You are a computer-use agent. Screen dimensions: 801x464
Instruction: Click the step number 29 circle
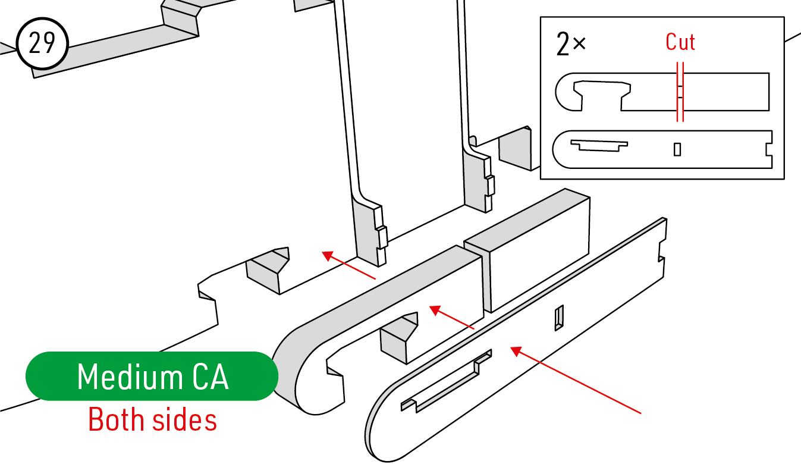point(42,43)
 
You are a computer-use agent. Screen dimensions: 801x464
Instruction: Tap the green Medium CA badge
point(152,376)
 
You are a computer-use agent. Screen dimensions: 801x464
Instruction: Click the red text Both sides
point(152,419)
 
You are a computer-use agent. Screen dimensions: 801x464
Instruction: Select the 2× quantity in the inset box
point(571,44)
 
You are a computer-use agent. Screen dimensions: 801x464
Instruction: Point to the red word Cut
point(680,42)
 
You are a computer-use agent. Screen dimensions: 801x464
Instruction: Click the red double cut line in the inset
point(680,92)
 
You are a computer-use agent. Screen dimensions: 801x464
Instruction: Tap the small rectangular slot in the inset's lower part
point(677,149)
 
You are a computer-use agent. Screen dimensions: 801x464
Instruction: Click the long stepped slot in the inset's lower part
point(599,145)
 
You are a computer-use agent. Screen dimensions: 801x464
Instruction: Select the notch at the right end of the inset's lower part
point(769,149)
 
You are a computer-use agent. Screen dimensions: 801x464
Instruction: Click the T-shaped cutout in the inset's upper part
point(602,94)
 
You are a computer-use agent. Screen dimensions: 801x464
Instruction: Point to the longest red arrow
point(576,380)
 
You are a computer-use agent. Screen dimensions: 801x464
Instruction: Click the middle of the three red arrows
point(451,317)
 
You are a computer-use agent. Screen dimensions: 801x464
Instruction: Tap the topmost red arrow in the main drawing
point(348,265)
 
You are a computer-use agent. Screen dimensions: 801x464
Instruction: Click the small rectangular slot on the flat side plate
point(559,318)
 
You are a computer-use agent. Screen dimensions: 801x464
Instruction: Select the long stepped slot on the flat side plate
point(446,381)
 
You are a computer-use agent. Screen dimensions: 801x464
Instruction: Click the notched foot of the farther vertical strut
point(479,183)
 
